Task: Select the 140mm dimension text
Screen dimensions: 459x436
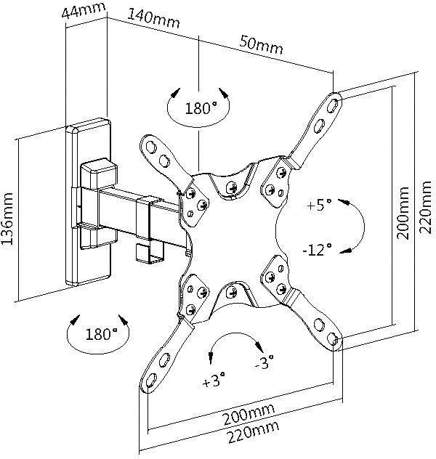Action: coord(154,18)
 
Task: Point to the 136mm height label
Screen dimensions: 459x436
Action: coord(9,219)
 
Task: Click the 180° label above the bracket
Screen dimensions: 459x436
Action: coord(201,110)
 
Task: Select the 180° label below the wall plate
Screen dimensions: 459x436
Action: coord(101,335)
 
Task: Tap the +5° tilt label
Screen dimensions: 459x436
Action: coord(319,205)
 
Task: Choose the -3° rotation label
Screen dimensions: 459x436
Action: coord(265,362)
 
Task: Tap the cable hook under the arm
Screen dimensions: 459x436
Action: coord(150,251)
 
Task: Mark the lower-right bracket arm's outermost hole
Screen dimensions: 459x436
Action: coord(333,339)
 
